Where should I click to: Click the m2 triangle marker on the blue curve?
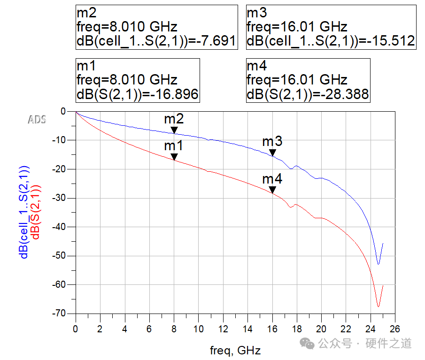174,130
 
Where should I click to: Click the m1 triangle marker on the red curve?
174,157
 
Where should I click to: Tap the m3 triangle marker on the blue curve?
272,153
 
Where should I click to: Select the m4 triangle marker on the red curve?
272,190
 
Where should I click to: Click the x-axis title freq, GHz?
235,350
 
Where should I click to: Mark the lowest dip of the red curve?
378,306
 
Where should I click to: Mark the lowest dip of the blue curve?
378,264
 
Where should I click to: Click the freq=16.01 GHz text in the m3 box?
297,26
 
